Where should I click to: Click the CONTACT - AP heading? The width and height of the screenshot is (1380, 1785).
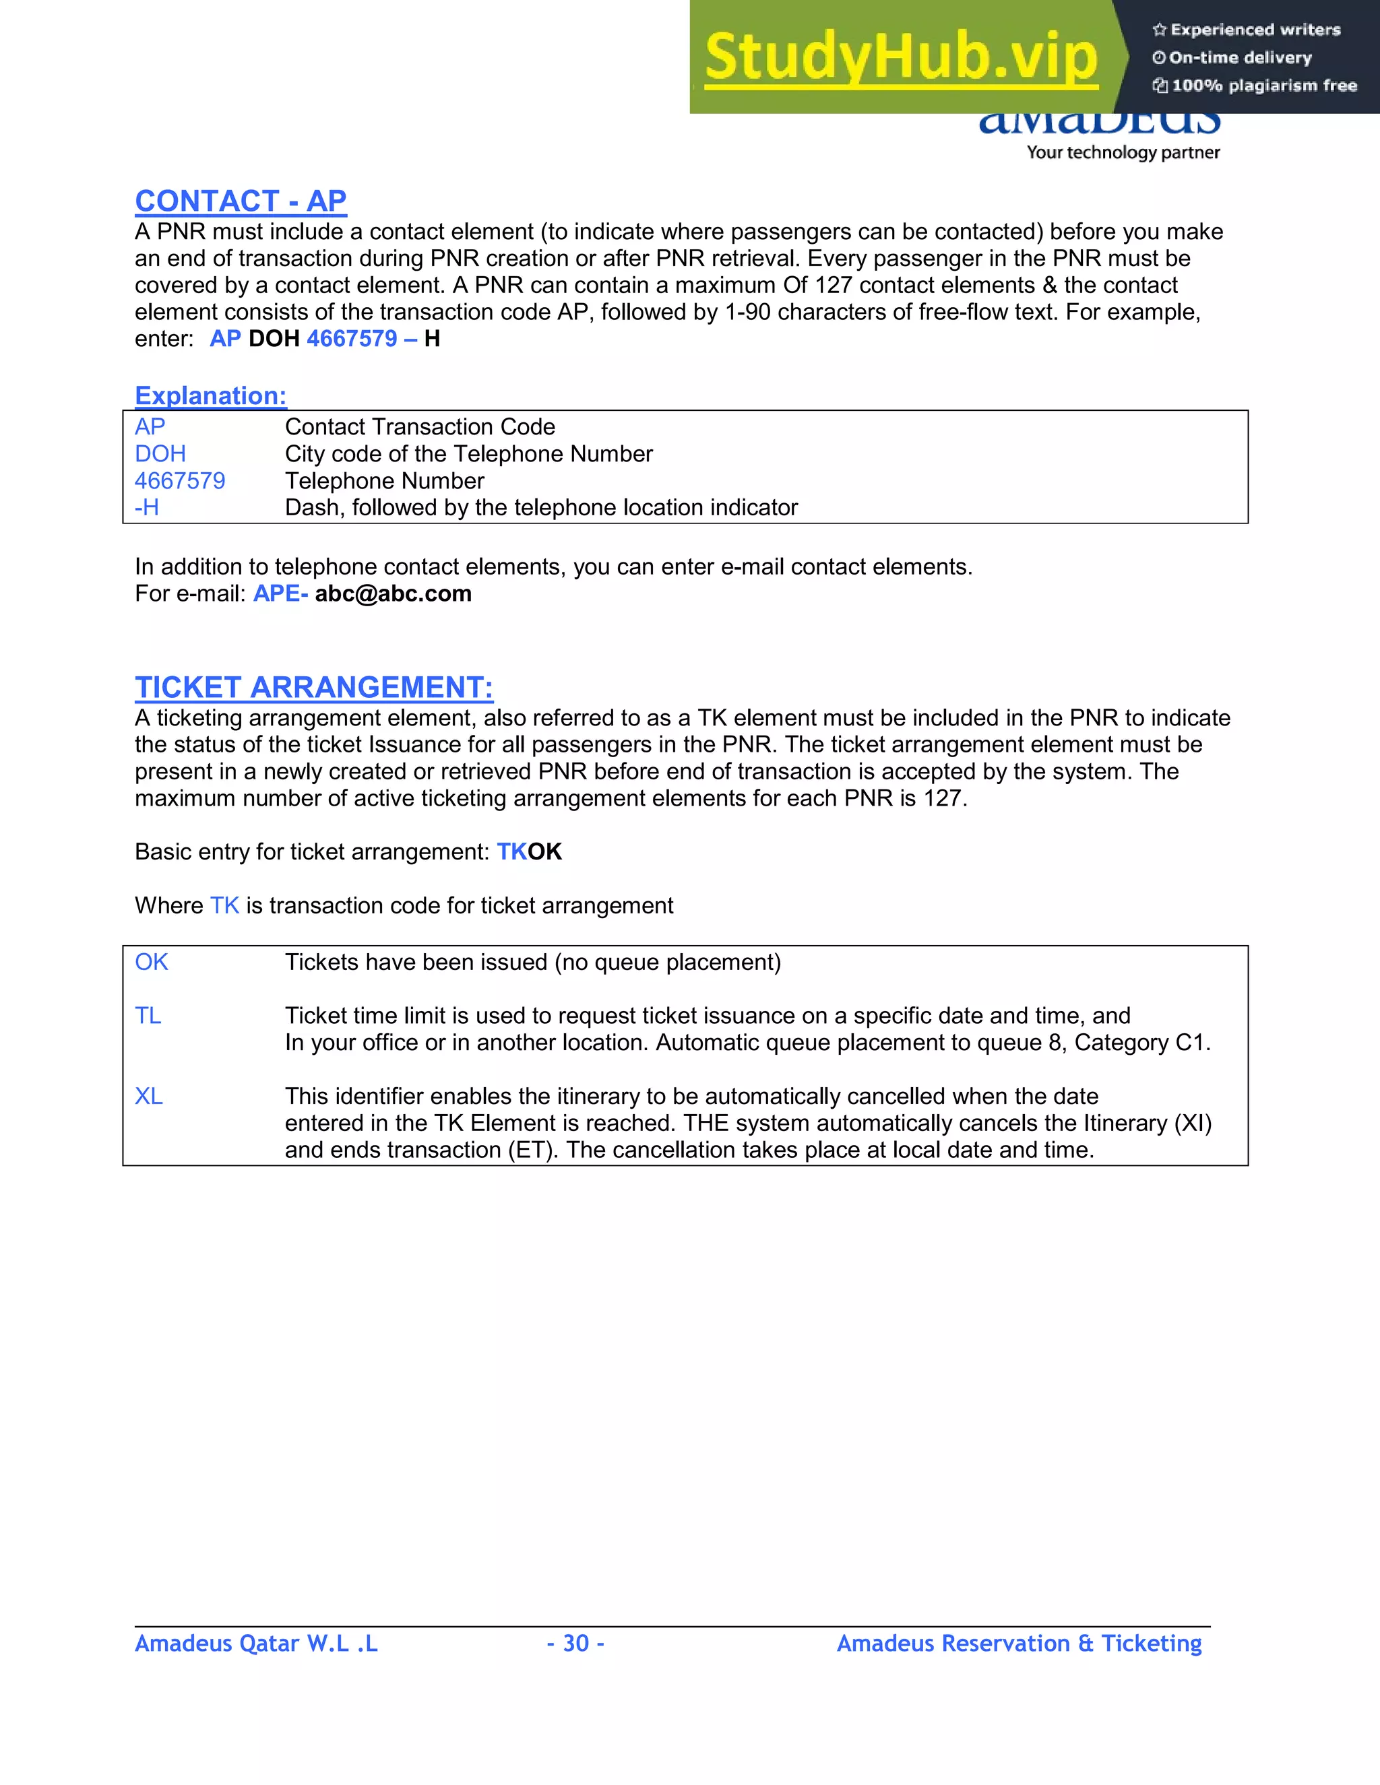pos(241,201)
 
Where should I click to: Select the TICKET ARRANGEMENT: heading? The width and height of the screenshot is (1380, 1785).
pos(314,687)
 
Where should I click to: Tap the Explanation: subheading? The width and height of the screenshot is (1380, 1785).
pos(210,395)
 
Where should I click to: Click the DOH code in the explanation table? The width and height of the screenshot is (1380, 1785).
pos(160,453)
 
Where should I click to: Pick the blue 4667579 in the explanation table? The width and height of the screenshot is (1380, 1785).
pos(180,480)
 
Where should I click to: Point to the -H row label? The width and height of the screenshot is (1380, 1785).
pos(146,508)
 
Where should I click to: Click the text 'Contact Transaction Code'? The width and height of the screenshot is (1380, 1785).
pos(419,426)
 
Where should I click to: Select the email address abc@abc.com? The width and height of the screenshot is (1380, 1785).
pos(394,593)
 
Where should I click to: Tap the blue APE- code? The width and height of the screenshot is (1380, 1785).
pos(280,593)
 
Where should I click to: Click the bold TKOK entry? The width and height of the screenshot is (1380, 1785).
pos(529,851)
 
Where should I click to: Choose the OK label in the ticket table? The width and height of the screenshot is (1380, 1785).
pos(151,962)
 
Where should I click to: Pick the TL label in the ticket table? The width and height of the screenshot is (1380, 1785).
pos(148,1016)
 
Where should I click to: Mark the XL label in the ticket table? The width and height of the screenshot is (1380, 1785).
pos(149,1096)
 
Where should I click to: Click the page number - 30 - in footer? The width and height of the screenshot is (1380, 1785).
pos(575,1644)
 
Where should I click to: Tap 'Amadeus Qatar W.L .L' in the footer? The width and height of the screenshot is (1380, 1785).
pos(256,1644)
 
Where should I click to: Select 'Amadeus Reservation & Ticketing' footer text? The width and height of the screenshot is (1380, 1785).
pos(1019,1644)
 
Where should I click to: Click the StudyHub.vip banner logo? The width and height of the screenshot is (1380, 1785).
pos(901,57)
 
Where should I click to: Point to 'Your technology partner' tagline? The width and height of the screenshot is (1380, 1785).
pos(1123,152)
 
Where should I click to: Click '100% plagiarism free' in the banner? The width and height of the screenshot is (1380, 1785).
pos(1263,86)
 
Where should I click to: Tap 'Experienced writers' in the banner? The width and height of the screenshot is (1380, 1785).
pos(1255,30)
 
